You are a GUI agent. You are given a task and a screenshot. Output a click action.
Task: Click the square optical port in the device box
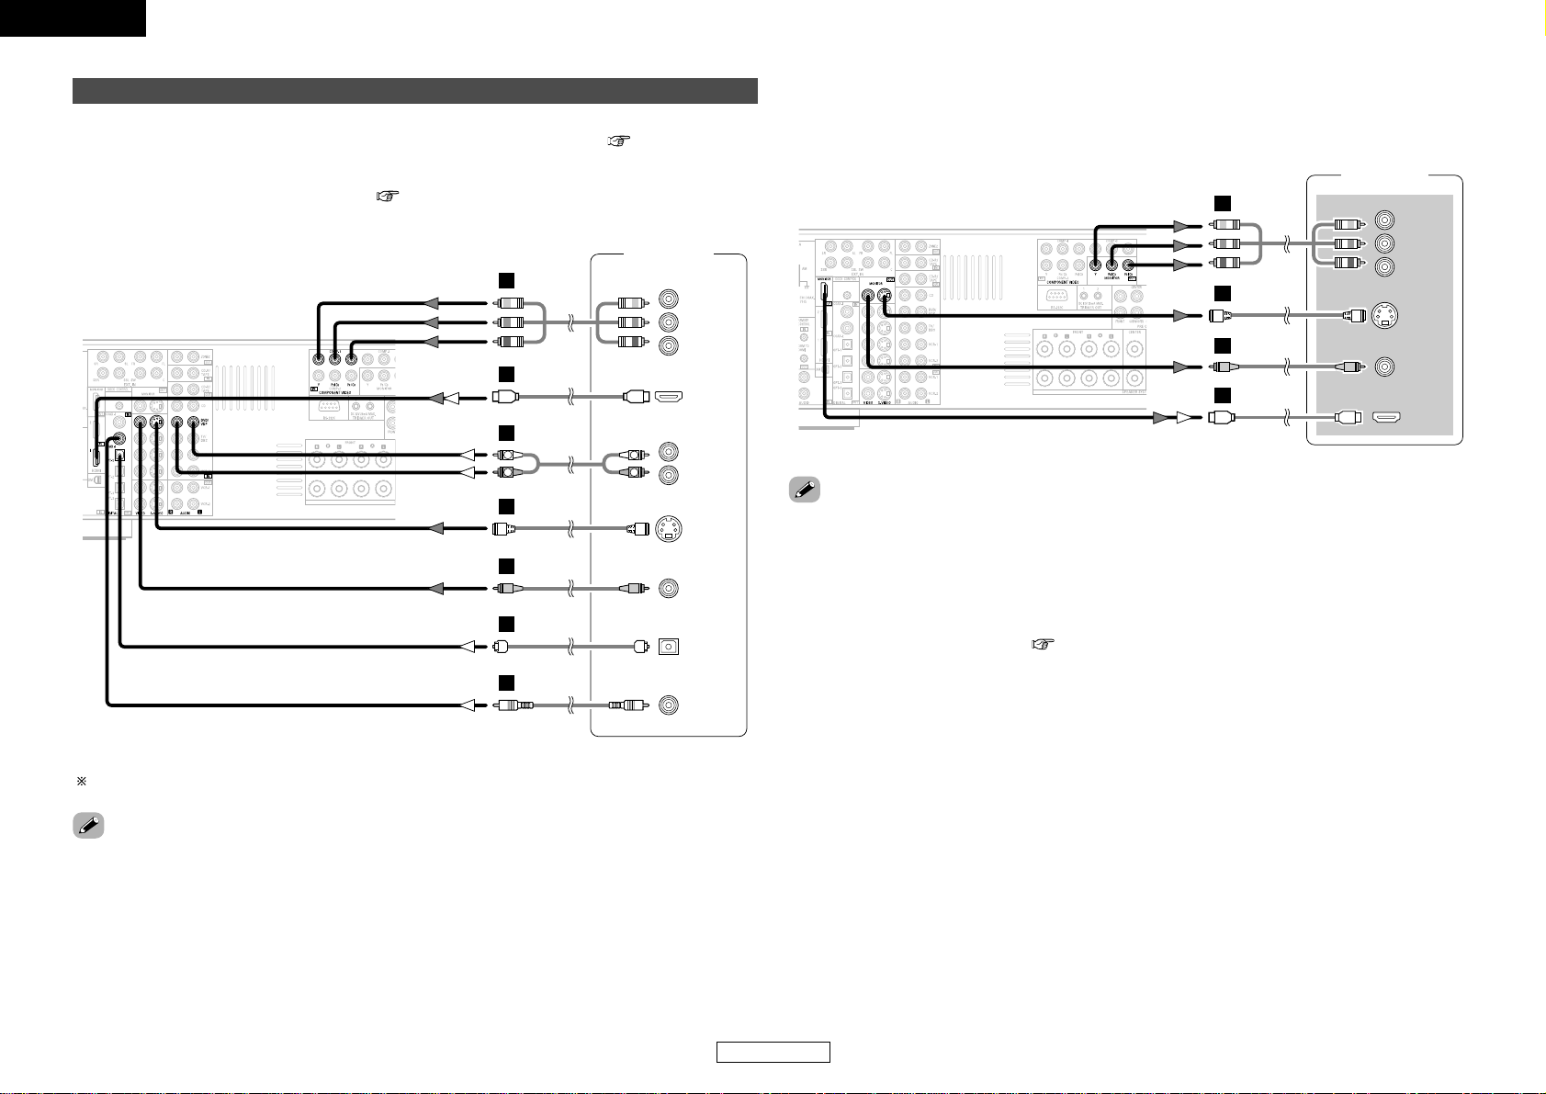pos(668,647)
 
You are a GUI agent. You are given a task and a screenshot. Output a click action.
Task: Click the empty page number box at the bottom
pos(773,1052)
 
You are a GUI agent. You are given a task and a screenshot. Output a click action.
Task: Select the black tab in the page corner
pos(73,17)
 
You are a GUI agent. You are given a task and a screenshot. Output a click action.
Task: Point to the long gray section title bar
pos(414,91)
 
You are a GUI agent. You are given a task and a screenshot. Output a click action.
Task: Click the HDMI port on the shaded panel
pos(1387,416)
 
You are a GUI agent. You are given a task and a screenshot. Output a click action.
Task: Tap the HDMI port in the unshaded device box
pos(668,398)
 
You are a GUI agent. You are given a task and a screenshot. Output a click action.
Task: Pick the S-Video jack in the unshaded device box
pos(668,529)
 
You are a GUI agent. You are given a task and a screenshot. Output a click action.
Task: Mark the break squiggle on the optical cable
pos(570,647)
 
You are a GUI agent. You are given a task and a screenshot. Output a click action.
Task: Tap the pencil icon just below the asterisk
pos(87,826)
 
